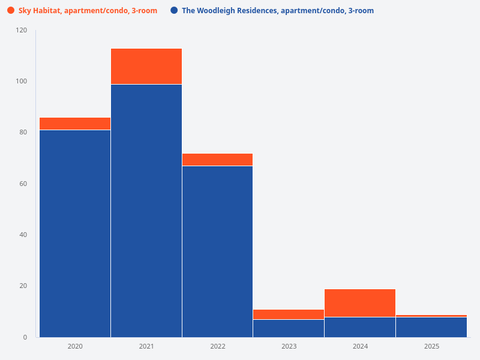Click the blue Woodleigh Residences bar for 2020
(x=75, y=233)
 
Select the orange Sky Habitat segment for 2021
(x=146, y=66)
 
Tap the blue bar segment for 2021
(x=146, y=211)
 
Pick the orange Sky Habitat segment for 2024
(x=360, y=303)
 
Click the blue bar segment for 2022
(x=217, y=251)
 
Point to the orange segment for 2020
(x=75, y=124)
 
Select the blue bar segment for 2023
(x=289, y=328)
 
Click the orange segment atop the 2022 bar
(x=217, y=160)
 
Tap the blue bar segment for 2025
(x=431, y=327)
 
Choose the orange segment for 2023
(x=289, y=314)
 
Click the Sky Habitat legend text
(x=88, y=11)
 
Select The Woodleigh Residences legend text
(x=277, y=11)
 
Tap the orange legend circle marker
(x=11, y=11)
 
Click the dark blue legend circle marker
(x=174, y=11)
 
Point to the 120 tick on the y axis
(x=22, y=30)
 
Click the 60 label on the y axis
(x=23, y=184)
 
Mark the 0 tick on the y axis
(x=25, y=337)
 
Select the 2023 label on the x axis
(x=289, y=347)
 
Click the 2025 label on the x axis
(x=431, y=347)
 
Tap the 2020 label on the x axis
(x=75, y=347)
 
